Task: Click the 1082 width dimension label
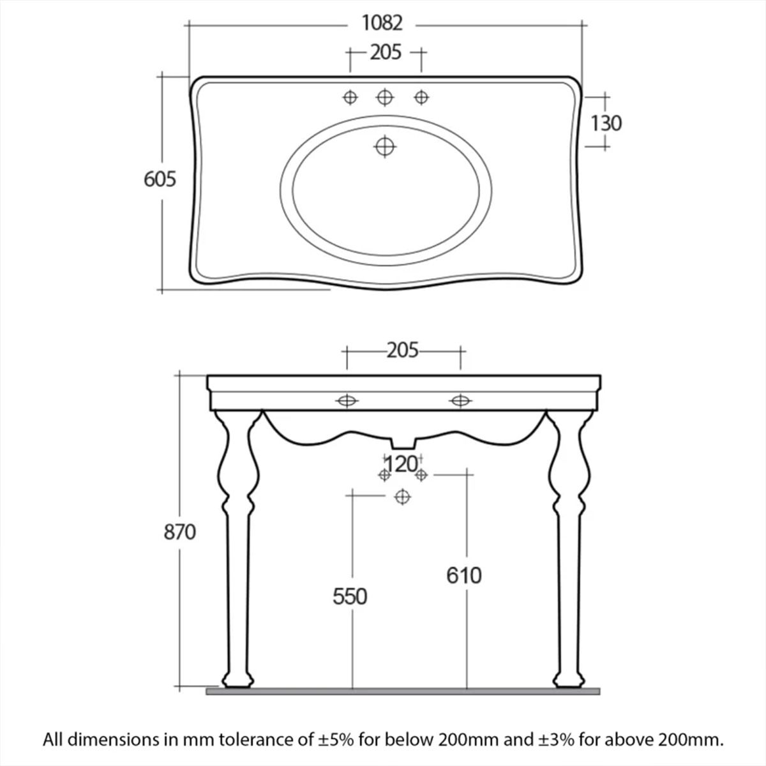(x=382, y=23)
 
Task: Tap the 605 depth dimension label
(x=160, y=179)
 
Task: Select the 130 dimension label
(x=606, y=124)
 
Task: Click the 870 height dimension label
(x=179, y=532)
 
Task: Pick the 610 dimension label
(x=464, y=575)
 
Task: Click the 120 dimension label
(x=402, y=464)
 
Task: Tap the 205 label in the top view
(x=386, y=52)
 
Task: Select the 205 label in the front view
(x=402, y=350)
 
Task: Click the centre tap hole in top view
(x=385, y=97)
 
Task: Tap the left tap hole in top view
(x=350, y=97)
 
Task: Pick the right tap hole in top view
(x=421, y=97)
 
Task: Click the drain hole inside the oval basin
(x=385, y=147)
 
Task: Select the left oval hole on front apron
(x=347, y=401)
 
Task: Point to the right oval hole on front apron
(x=460, y=401)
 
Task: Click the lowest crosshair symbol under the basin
(x=402, y=497)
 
